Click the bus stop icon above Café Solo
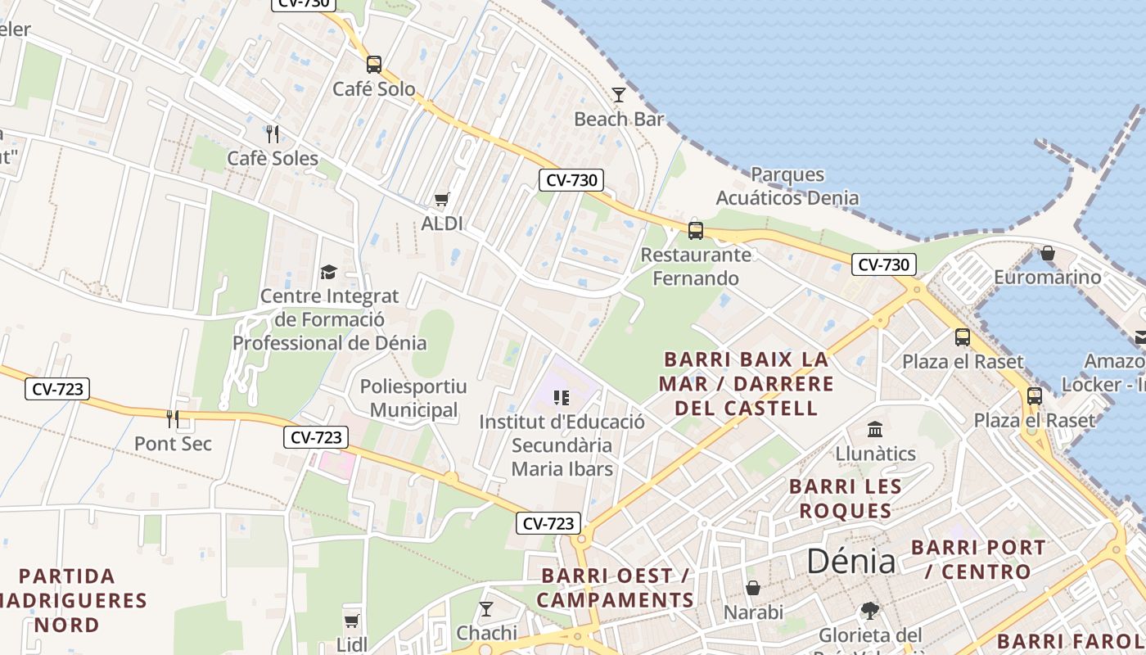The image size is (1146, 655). click(x=374, y=64)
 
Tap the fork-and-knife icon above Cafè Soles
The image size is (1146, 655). click(x=273, y=133)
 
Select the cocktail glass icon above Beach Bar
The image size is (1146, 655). click(x=619, y=95)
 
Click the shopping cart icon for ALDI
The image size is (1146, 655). click(x=442, y=199)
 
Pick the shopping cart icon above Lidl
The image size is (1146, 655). click(x=352, y=621)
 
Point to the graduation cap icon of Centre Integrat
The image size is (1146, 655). click(x=328, y=272)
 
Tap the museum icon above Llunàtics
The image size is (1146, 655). click(x=875, y=429)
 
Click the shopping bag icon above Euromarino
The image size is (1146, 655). click(x=1047, y=253)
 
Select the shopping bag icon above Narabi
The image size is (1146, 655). click(x=753, y=588)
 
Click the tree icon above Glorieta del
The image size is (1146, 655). click(x=870, y=611)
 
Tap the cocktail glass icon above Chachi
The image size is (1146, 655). click(x=486, y=608)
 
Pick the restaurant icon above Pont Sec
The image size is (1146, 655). click(x=173, y=419)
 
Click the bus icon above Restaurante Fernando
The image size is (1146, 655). click(x=696, y=230)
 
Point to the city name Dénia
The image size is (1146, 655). click(x=851, y=562)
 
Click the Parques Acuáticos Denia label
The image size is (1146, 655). click(x=787, y=186)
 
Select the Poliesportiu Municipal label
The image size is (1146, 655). click(x=413, y=398)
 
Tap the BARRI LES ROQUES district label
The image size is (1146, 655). click(x=846, y=499)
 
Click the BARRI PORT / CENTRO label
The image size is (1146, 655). click(x=978, y=559)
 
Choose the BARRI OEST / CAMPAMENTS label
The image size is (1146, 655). click(x=616, y=588)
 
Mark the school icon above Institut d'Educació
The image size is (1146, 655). click(x=562, y=398)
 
